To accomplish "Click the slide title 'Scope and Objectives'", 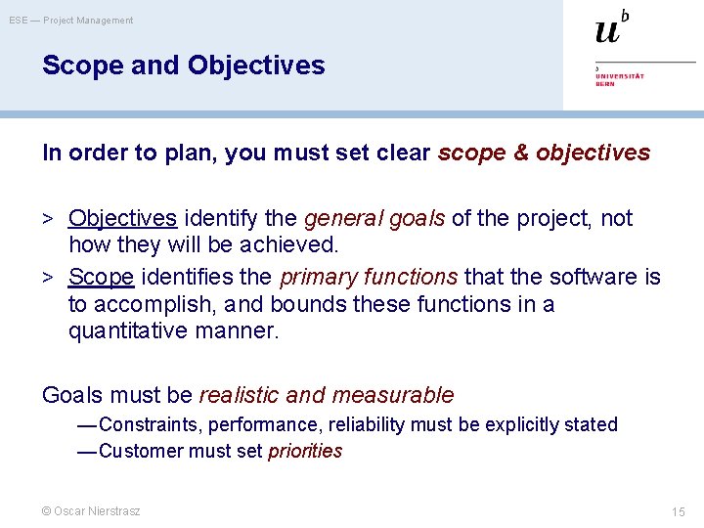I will (183, 66).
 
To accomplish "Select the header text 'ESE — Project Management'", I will (71, 21).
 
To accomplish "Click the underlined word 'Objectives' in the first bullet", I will (122, 218).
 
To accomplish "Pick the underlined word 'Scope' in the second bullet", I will (101, 277).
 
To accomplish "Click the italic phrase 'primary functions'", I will (369, 277).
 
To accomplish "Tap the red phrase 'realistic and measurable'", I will (327, 395).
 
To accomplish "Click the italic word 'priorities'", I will (305, 451).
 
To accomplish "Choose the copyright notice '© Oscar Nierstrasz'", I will (91, 511).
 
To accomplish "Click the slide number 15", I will (679, 512).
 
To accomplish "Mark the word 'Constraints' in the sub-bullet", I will (146, 424).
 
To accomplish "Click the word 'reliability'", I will (367, 424).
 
